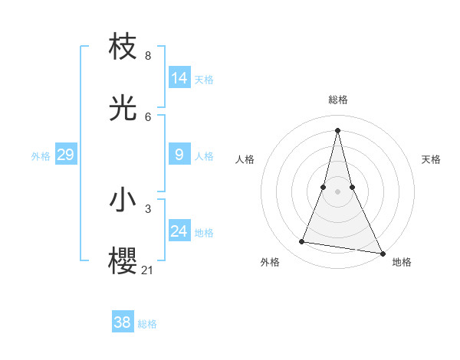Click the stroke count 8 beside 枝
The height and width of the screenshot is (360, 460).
tap(147, 56)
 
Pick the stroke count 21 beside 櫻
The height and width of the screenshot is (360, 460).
tap(148, 270)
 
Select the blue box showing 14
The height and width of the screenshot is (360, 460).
tap(179, 78)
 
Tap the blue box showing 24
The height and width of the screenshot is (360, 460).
tap(179, 231)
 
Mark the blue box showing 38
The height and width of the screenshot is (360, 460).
tap(122, 322)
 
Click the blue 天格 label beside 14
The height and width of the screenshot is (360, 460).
tap(204, 79)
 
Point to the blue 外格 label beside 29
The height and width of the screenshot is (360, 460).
tap(41, 156)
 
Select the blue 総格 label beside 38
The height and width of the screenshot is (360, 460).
tap(147, 323)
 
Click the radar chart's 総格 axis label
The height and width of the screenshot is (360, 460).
tap(337, 100)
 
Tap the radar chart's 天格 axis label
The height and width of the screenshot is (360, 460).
tap(431, 159)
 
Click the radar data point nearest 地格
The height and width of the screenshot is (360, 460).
tap(381, 253)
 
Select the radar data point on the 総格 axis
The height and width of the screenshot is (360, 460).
tap(337, 129)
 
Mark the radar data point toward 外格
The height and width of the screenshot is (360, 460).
tap(302, 242)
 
